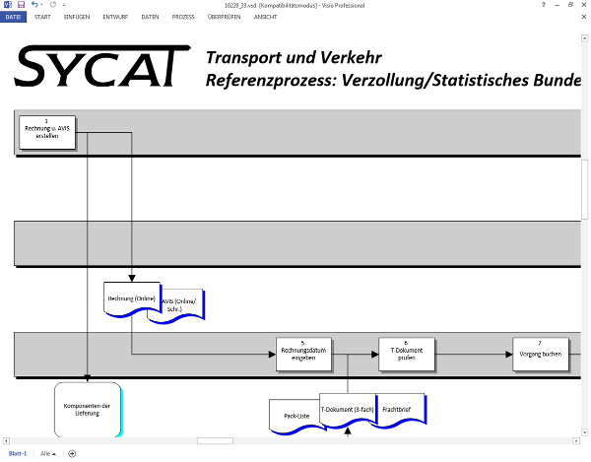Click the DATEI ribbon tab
(x=14, y=17)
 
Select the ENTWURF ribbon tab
(x=115, y=17)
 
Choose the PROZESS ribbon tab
(x=183, y=17)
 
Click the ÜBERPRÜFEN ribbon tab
(x=225, y=17)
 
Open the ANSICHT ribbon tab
(x=266, y=17)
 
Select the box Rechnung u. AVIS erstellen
(x=46, y=132)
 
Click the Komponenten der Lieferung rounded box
(x=87, y=409)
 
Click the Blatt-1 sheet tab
(x=17, y=453)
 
